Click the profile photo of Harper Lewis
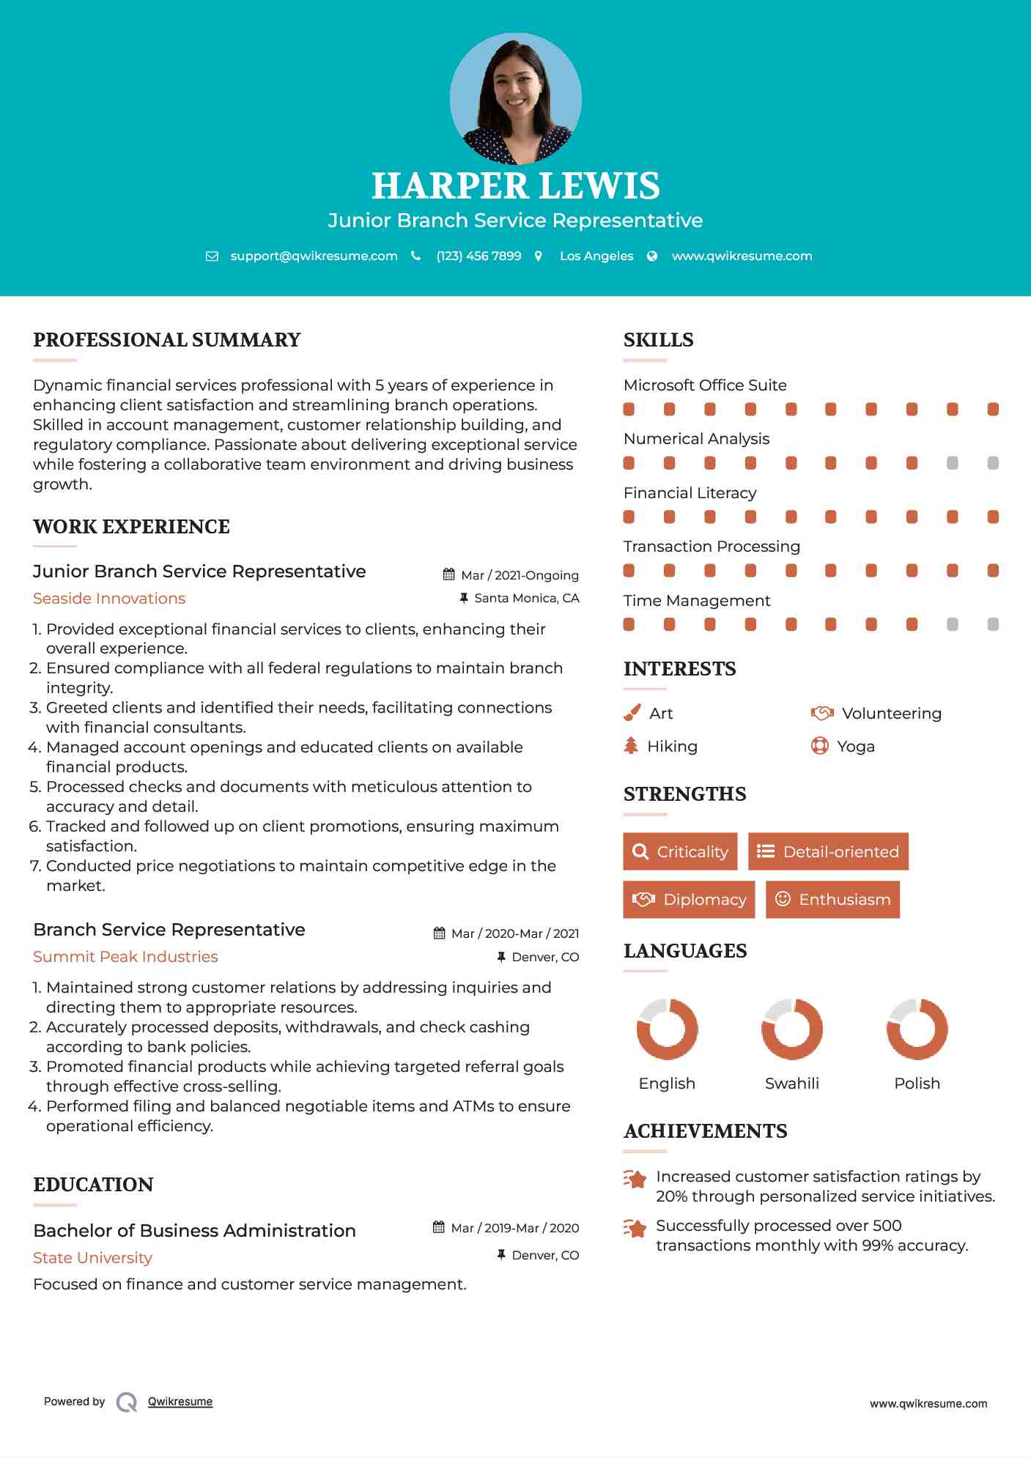tap(515, 98)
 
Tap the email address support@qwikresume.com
tap(314, 256)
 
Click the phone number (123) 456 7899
tap(478, 256)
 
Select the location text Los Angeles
tap(596, 256)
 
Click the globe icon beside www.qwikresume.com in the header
tap(652, 256)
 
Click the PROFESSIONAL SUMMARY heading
tap(167, 340)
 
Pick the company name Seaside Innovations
tap(109, 599)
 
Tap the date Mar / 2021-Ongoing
tap(520, 575)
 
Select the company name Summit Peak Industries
tap(125, 957)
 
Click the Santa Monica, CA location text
tap(526, 598)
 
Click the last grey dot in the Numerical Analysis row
tap(993, 463)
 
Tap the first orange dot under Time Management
tap(629, 624)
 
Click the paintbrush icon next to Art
tap(632, 713)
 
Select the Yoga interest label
tap(856, 747)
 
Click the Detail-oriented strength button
tap(828, 851)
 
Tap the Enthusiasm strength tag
tap(832, 899)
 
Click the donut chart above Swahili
tap(792, 1029)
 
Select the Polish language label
tap(917, 1083)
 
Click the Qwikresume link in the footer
tap(180, 1402)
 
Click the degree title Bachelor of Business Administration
tap(194, 1230)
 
